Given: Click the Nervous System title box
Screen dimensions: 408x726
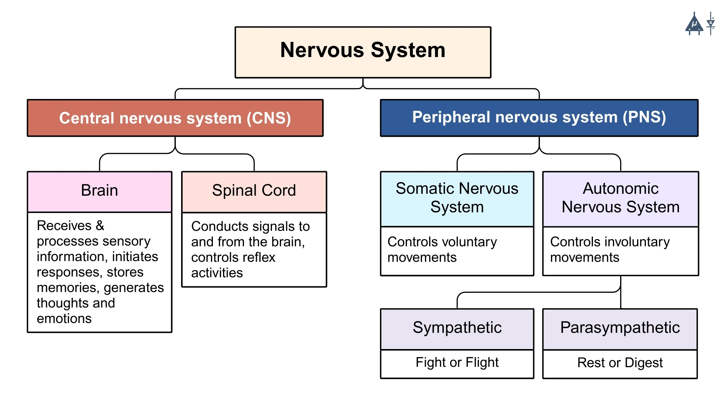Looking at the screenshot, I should (x=363, y=52).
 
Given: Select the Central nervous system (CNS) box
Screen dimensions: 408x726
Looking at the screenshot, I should (x=175, y=118).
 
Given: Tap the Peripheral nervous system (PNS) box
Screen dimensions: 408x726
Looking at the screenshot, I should (x=539, y=117).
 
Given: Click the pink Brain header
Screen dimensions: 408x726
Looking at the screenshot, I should (x=99, y=191).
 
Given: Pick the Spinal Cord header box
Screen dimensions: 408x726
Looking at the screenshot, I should (x=254, y=191).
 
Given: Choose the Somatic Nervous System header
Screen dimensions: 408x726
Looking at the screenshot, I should (x=457, y=198).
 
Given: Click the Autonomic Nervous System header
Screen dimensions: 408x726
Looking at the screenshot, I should (x=620, y=198).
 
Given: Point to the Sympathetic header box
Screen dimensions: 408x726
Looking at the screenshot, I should (x=457, y=328).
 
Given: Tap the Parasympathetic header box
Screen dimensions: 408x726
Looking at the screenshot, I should (x=620, y=328).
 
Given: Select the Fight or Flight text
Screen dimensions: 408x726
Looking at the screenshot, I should (x=457, y=362).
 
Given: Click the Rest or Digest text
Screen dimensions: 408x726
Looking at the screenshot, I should (x=620, y=363).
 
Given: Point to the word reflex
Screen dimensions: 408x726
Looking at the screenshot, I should (x=260, y=257).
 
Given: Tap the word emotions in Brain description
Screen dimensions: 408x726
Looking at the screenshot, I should (x=64, y=319).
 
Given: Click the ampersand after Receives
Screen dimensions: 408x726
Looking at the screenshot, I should (x=100, y=226).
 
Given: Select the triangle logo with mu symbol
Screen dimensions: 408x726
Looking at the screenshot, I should (x=694, y=25).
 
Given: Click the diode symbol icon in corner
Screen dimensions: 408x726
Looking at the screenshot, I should (x=711, y=23).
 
